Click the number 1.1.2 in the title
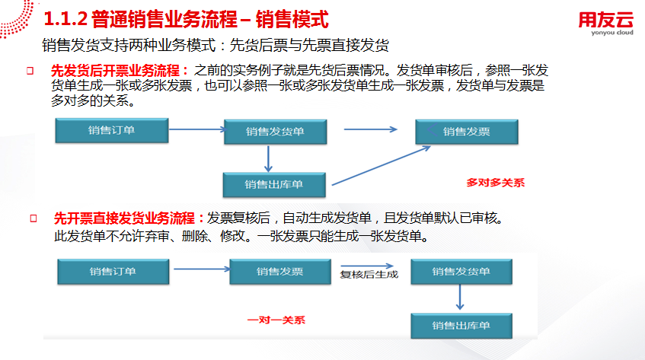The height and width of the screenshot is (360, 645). tap(65, 19)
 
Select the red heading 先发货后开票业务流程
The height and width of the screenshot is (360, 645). tap(115, 71)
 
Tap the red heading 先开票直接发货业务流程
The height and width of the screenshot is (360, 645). tap(124, 218)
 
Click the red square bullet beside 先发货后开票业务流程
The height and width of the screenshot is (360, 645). tap(30, 71)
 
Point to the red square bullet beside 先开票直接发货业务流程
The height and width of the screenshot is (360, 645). tap(34, 218)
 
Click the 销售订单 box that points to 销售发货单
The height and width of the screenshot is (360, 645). tap(112, 130)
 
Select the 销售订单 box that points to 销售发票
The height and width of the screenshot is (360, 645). tap(113, 271)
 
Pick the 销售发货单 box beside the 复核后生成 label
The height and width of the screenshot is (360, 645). tap(461, 271)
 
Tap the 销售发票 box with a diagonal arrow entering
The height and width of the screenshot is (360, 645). tap(467, 132)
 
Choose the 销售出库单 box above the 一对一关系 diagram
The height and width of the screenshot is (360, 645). tap(274, 184)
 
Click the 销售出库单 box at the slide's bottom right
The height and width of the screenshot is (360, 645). tap(461, 326)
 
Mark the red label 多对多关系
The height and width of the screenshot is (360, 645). tap(495, 183)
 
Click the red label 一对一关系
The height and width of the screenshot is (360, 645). tap(276, 320)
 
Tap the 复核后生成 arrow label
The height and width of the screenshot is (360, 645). tap(369, 274)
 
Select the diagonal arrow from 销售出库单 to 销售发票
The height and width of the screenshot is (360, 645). tap(381, 166)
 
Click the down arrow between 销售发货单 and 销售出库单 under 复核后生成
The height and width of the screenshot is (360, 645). tap(460, 297)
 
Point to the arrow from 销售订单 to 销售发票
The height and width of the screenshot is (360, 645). tap(202, 269)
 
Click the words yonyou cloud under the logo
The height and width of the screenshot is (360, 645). tap(612, 33)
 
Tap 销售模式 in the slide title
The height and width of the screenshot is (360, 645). tap(292, 19)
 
